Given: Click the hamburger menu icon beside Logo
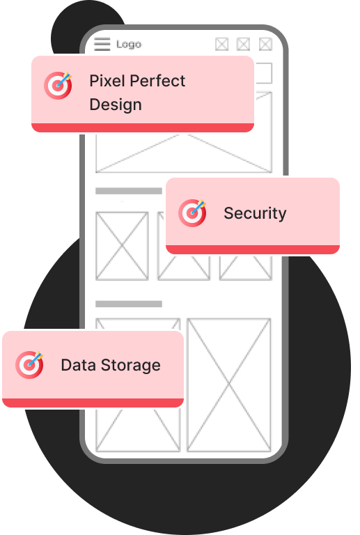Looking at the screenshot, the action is pyautogui.click(x=102, y=44).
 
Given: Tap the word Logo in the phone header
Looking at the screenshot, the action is pyautogui.click(x=129, y=45).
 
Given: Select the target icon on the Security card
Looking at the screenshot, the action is pyautogui.click(x=192, y=212).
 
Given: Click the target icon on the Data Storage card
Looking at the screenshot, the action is pyautogui.click(x=29, y=365).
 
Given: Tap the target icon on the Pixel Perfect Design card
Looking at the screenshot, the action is pyautogui.click(x=58, y=85).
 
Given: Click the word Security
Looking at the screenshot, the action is pyautogui.click(x=255, y=214).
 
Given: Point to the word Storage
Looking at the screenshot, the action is pyautogui.click(x=131, y=366).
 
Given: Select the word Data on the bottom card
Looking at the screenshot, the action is pyautogui.click(x=79, y=365).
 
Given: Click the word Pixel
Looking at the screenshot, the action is pyautogui.click(x=107, y=81).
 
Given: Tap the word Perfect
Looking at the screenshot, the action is pyautogui.click(x=157, y=81).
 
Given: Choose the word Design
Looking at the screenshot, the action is pyautogui.click(x=116, y=104).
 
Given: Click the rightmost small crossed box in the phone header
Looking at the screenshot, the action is pyautogui.click(x=265, y=45).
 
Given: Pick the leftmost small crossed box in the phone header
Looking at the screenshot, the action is pyautogui.click(x=222, y=45).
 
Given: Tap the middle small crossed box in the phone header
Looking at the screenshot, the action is pyautogui.click(x=244, y=45).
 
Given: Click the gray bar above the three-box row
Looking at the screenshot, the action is pyautogui.click(x=129, y=191).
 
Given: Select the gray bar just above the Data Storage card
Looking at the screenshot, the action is pyautogui.click(x=129, y=304).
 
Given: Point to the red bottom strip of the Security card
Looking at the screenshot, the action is pyautogui.click(x=253, y=249).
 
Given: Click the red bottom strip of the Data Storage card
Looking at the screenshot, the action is pyautogui.click(x=93, y=403).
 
